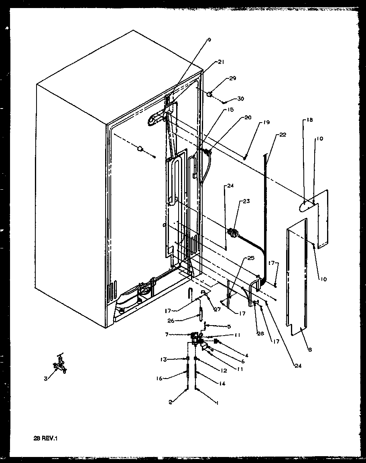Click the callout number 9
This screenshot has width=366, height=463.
(x=209, y=40)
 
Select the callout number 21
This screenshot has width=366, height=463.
(x=221, y=62)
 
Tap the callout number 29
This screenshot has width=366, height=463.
(x=232, y=78)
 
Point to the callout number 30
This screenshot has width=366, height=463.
(x=240, y=99)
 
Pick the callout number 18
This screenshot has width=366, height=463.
(x=309, y=120)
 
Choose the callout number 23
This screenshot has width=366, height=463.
(x=246, y=201)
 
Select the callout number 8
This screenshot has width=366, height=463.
(x=310, y=350)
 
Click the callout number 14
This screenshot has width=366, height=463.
(x=222, y=384)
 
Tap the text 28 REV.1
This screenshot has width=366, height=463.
(x=46, y=438)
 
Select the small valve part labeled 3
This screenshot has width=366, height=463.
(x=59, y=364)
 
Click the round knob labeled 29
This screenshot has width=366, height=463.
(x=209, y=94)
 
